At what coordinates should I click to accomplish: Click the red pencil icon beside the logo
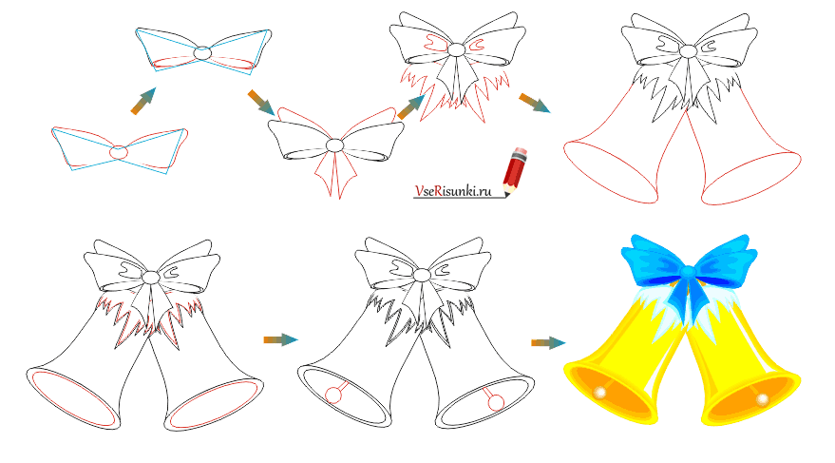[515, 170]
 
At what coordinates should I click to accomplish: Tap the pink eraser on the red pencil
[522, 152]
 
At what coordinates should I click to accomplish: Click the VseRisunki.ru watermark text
[453, 190]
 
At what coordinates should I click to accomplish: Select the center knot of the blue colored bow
[689, 272]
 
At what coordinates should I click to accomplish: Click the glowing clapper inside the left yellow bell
[600, 393]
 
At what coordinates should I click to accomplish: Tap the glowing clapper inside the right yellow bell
[762, 399]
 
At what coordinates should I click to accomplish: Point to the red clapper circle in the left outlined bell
[332, 395]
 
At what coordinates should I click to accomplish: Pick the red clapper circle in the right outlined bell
[496, 402]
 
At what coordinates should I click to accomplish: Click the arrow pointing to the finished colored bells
[548, 342]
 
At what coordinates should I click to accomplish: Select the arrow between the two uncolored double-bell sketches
[280, 339]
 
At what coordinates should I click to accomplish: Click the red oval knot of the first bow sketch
[119, 152]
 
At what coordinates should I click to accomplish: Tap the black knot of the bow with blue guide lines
[202, 53]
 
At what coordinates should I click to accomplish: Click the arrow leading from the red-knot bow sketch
[143, 101]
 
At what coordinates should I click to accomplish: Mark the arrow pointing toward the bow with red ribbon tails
[261, 103]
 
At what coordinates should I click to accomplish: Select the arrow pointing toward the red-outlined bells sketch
[535, 103]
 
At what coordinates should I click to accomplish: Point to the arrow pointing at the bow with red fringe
[411, 107]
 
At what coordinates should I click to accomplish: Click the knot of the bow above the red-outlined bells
[689, 51]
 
